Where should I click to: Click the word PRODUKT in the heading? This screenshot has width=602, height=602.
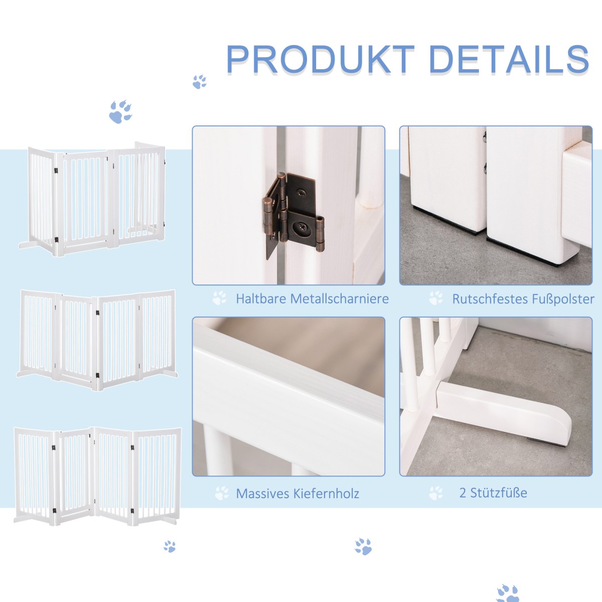(320, 59)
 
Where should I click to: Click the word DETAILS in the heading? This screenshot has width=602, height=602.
(509, 59)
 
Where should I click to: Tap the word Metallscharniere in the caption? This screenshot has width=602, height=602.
(340, 298)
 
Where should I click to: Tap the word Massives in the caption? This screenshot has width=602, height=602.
(259, 494)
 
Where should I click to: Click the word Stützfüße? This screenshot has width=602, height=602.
(499, 493)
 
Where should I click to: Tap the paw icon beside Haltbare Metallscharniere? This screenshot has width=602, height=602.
(219, 298)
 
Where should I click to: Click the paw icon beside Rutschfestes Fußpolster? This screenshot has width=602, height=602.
(436, 298)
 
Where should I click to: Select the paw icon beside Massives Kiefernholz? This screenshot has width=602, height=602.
(222, 493)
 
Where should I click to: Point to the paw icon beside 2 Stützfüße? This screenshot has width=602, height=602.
(436, 493)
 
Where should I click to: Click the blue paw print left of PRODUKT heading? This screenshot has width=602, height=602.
(200, 82)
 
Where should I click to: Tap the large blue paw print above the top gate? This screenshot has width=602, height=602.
(120, 112)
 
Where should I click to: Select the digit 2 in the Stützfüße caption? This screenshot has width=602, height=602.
(463, 493)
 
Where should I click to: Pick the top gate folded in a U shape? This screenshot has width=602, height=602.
(92, 199)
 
